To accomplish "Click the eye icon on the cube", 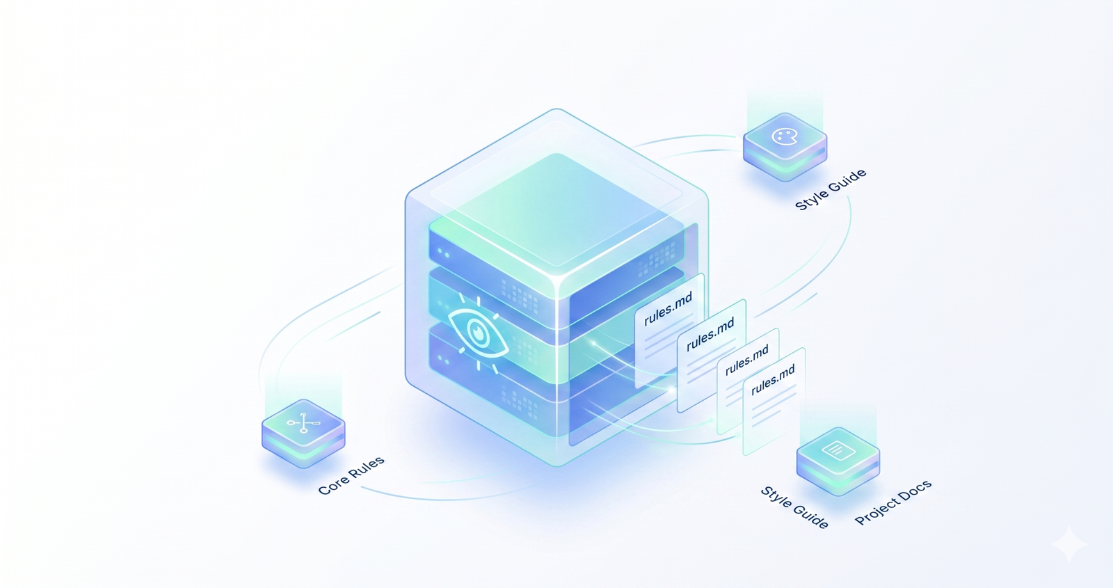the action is [x=477, y=333].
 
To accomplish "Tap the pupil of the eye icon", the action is [x=478, y=331].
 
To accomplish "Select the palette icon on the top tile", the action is [x=785, y=136].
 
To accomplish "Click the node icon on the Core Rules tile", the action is [x=303, y=422].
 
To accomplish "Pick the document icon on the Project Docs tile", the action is [x=839, y=450].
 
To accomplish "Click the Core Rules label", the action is [x=351, y=475].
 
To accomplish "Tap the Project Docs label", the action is [x=893, y=503].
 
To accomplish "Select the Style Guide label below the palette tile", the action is [x=831, y=189].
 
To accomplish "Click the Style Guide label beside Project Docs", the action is [x=794, y=507].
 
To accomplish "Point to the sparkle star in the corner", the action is [x=1068, y=545].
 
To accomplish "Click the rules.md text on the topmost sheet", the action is [x=668, y=310].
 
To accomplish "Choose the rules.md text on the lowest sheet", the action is [x=773, y=380].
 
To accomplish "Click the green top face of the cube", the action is [x=556, y=209].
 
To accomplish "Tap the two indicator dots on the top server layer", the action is [x=443, y=253].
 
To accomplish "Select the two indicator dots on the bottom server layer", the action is [x=443, y=359].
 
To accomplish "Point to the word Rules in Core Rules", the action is [x=368, y=467].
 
